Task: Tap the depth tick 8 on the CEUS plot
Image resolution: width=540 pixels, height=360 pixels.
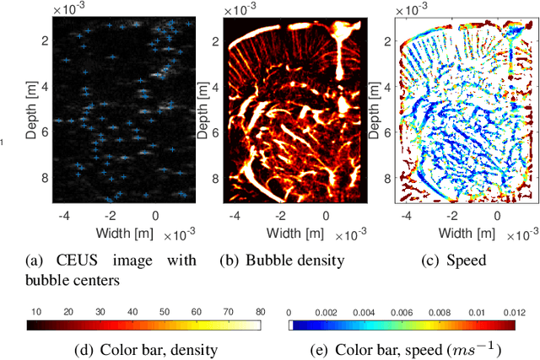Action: click(x=44, y=178)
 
